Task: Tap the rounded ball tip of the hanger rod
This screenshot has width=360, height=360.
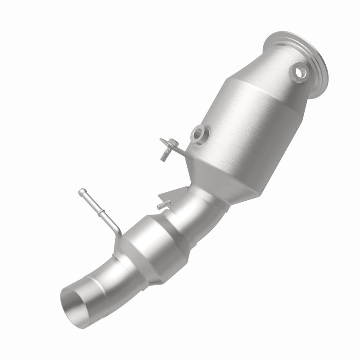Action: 81,191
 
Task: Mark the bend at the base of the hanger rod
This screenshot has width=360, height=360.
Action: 118,231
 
